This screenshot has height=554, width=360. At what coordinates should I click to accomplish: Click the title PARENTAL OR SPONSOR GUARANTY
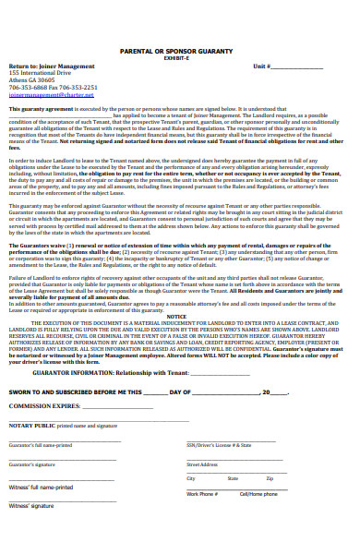179,53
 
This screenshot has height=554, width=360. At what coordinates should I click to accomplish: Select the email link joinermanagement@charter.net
41,94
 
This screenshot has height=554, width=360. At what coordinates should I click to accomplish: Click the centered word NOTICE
176,316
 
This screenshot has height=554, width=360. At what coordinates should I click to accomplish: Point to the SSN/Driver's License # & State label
222,445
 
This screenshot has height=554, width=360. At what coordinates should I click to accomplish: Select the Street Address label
202,464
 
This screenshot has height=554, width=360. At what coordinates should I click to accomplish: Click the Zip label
270,479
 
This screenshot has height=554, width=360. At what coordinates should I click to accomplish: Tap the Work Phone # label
202,494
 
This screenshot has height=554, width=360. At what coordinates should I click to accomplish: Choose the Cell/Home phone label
258,494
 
